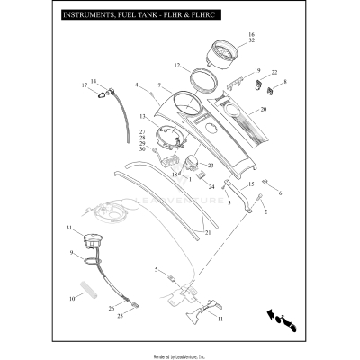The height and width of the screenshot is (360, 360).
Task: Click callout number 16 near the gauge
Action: coord(251,34)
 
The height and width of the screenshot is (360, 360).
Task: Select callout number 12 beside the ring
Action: coord(178,65)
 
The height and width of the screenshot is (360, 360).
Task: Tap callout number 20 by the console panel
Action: coord(263,109)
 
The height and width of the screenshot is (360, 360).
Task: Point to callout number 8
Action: coord(285,82)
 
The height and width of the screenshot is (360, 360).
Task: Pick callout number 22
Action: coord(274,71)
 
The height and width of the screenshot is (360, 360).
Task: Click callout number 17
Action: coord(85,85)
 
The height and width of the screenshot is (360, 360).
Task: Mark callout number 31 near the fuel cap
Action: coord(67,228)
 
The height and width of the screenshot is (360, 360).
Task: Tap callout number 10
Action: coord(70,298)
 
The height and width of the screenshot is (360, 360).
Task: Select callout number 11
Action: coord(220,318)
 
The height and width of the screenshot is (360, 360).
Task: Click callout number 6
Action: coord(279,193)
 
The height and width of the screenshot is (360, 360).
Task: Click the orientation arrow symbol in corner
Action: coord(281,316)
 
